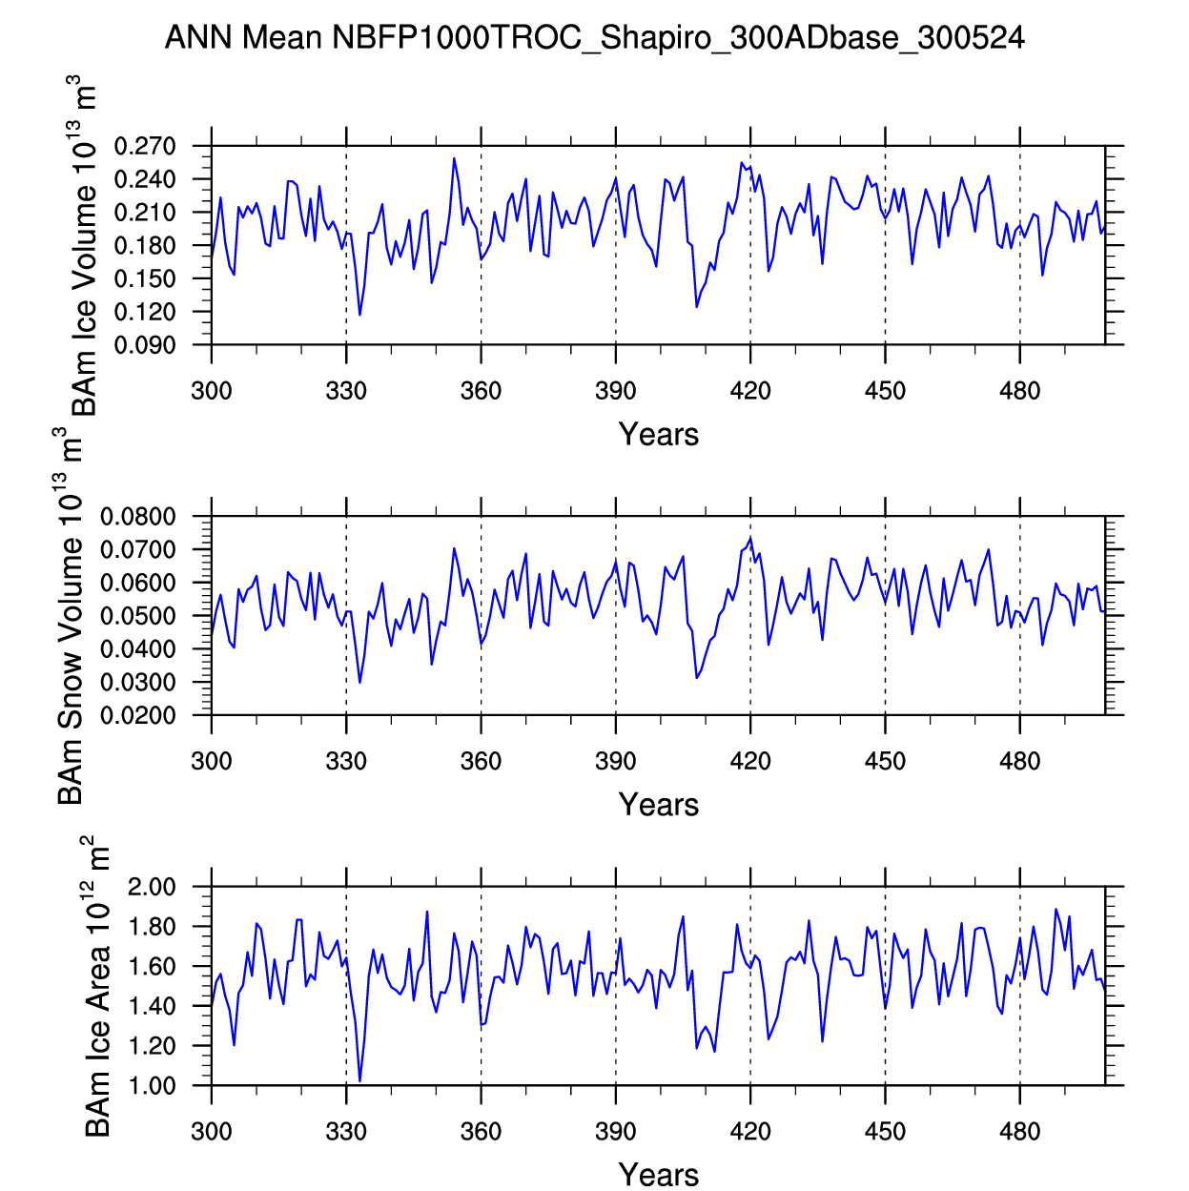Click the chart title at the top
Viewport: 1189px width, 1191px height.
(x=594, y=38)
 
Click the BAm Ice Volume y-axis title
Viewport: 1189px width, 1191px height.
(x=85, y=246)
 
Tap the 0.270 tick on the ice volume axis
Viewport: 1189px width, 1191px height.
(x=145, y=147)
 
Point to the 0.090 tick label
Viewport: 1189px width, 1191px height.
(x=145, y=345)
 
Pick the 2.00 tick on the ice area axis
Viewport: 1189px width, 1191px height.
(x=152, y=888)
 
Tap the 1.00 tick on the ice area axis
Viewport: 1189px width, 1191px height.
(x=152, y=1085)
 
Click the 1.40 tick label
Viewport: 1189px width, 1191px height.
(x=152, y=1006)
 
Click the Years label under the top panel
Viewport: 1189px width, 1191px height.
(x=659, y=435)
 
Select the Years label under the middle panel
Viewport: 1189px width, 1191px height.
(x=659, y=805)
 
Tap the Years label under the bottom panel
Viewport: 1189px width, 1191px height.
(x=659, y=1174)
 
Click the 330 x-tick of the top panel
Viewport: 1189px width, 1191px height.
(x=346, y=391)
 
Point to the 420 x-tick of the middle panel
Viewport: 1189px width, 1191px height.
(x=750, y=761)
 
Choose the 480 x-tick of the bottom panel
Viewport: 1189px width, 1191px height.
(x=1020, y=1132)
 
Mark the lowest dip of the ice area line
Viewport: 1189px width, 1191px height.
(x=359, y=1080)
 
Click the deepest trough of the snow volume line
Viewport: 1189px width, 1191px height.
(x=359, y=682)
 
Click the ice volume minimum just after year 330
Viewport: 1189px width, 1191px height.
(x=359, y=315)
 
